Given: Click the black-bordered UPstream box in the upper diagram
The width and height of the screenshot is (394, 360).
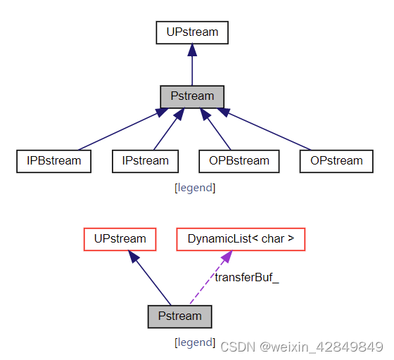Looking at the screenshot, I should point(192,32).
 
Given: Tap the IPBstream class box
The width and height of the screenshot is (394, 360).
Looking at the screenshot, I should point(54,161).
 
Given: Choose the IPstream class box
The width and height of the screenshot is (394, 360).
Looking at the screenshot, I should point(145,161).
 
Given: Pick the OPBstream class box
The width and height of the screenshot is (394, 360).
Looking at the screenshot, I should point(239,161).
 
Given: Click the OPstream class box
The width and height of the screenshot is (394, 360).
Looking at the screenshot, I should point(336,161).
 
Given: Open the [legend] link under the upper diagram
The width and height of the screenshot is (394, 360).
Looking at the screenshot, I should point(195,188).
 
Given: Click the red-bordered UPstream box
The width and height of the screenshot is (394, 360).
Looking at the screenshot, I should point(120,239).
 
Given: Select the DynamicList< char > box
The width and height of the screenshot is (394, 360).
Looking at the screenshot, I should point(241,239).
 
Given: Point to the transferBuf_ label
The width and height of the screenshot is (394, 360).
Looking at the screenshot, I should point(247,277).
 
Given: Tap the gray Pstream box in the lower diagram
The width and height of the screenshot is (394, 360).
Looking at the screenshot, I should point(179,316).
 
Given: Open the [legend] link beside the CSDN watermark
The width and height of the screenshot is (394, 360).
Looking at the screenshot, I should point(195,342).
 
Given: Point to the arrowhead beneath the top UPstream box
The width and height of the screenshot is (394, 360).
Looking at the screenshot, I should point(192,51).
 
